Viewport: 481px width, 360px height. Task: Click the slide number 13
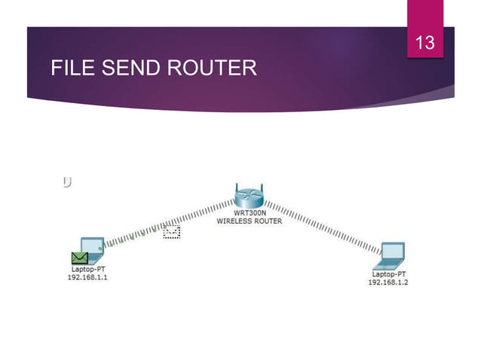coord(426,43)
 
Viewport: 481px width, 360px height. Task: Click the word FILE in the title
coord(70,70)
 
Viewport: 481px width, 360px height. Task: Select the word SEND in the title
coord(127,70)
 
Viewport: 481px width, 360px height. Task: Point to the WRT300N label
coord(249,214)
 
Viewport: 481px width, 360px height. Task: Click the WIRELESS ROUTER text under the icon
coord(249,221)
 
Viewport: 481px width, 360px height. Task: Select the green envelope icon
coord(79,258)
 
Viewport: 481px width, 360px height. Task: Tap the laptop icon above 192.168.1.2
coord(391,255)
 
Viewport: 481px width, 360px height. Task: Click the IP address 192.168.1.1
coord(88,276)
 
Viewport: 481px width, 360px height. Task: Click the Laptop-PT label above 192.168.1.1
coord(88,269)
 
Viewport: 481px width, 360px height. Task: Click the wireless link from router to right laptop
coord(324,226)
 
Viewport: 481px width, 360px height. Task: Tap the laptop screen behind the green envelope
coord(93,246)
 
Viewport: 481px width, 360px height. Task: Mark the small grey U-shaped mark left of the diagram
coord(67,181)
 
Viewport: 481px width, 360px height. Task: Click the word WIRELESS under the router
coord(234,221)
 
